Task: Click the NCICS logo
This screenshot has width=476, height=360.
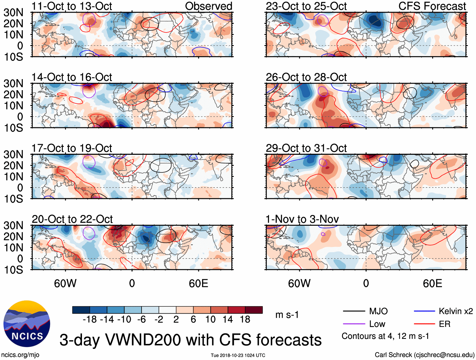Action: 27,324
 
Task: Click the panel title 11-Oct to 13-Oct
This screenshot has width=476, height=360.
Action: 72,6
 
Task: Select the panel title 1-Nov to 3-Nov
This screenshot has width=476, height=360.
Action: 302,219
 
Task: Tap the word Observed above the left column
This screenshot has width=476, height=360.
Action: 208,6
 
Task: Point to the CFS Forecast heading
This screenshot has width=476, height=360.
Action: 432,6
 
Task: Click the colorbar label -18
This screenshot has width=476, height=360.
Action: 90,320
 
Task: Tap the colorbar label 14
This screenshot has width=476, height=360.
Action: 228,320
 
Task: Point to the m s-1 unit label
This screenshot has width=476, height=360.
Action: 287,315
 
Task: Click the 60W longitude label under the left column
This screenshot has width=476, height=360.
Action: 65,283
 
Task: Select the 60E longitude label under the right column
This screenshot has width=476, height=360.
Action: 432,283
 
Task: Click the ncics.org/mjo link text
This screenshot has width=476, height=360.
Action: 20,355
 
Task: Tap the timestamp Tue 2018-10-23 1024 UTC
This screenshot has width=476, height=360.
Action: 238,356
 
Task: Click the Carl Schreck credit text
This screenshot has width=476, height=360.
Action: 424,355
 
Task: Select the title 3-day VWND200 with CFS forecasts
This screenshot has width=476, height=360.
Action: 190,340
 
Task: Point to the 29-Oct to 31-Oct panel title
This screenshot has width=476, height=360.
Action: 306,148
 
